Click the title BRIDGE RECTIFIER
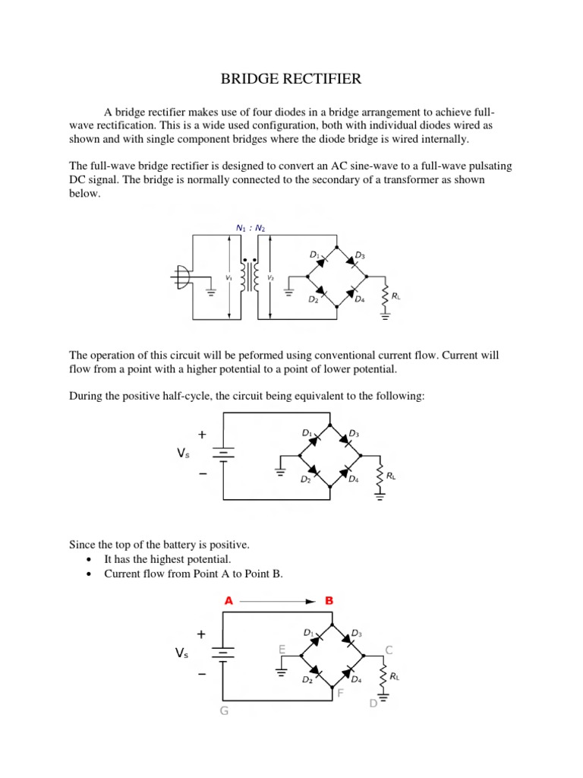[x=291, y=79]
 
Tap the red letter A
[x=228, y=600]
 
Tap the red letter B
[x=329, y=600]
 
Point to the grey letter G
[x=224, y=711]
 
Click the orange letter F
[x=340, y=693]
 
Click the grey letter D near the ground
[x=373, y=704]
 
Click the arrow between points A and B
[x=278, y=601]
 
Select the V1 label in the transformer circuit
[x=228, y=279]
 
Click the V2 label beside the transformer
[x=269, y=279]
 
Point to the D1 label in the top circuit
[x=314, y=255]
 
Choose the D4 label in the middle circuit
[x=353, y=479]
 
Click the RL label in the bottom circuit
[x=395, y=676]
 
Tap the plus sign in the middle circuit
[x=201, y=435]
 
